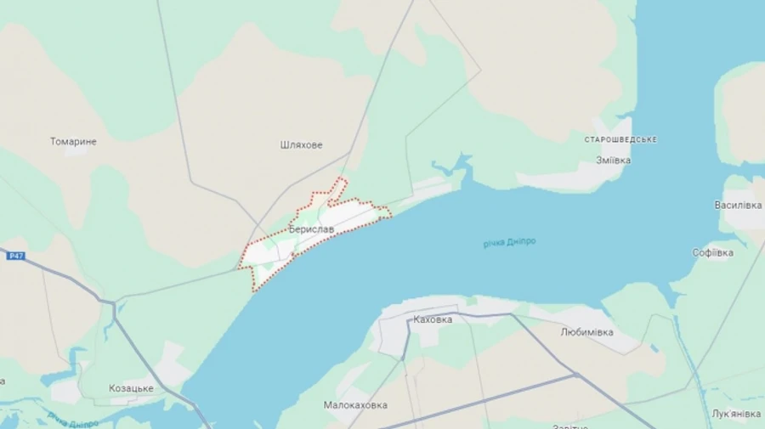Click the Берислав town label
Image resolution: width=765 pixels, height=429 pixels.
click(312, 229)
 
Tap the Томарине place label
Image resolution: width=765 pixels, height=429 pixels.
click(73, 142)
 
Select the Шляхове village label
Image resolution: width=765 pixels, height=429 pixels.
click(301, 145)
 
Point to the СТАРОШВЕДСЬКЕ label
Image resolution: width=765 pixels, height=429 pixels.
click(620, 139)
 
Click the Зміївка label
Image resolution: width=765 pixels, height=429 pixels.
click(613, 160)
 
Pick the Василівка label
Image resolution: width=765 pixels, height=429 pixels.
click(738, 206)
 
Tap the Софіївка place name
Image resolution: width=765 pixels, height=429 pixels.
click(712, 252)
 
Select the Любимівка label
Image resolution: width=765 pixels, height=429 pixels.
click(586, 332)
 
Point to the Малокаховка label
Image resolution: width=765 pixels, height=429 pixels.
click(355, 405)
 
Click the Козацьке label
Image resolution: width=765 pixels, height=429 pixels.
click(131, 388)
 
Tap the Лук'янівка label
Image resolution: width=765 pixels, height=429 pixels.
click(736, 414)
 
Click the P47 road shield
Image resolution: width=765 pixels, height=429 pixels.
click(15, 256)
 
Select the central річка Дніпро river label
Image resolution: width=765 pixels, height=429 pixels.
click(510, 243)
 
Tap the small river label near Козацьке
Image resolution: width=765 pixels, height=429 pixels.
click(73, 419)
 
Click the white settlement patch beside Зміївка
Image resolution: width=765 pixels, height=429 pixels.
click(561, 178)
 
